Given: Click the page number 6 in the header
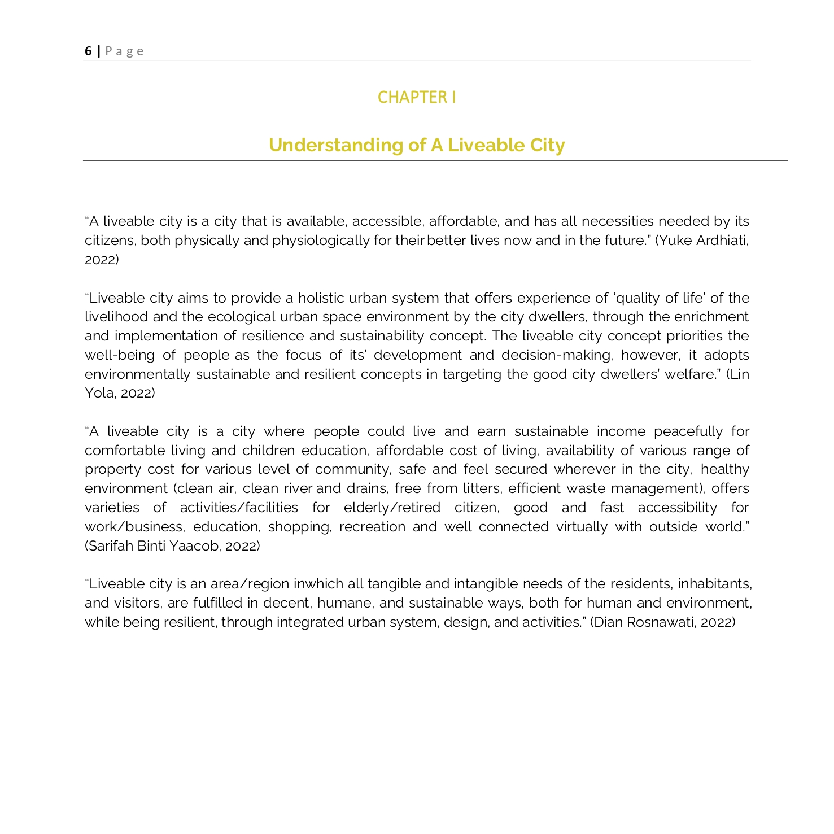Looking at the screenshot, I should tap(88, 51).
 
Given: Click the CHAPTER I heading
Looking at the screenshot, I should tap(417, 98).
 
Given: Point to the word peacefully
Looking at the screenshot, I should tap(688, 431).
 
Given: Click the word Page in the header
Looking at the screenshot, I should tap(124, 51).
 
